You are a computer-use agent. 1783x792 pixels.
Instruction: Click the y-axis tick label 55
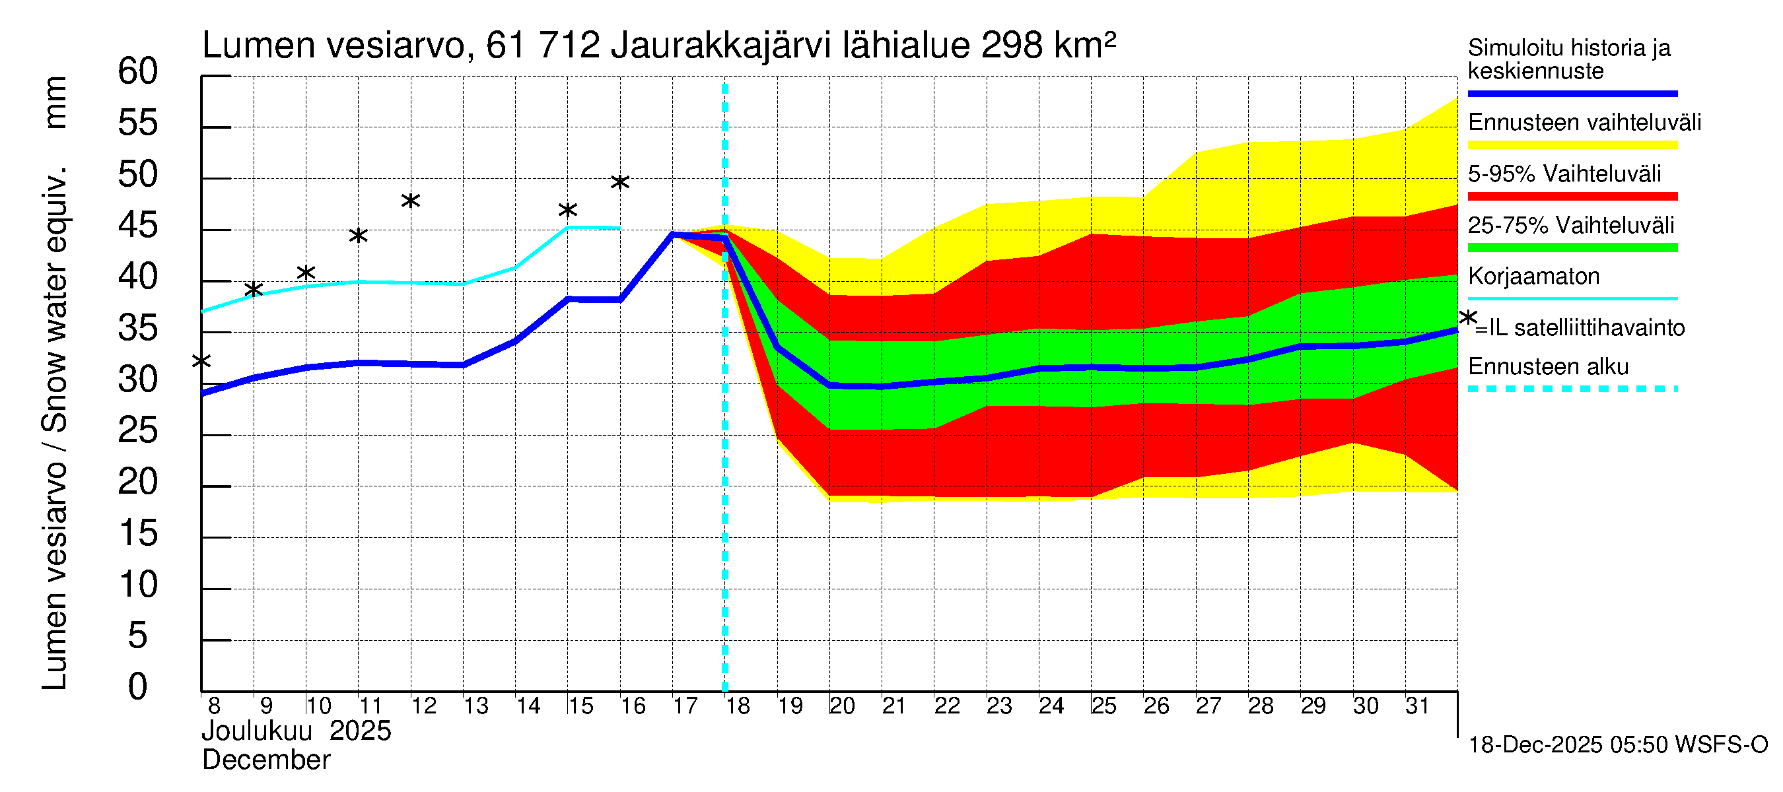click(x=138, y=123)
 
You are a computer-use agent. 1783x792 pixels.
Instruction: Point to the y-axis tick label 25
click(x=138, y=431)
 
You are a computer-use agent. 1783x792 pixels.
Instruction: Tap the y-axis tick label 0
click(x=138, y=687)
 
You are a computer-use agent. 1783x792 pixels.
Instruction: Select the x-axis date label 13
click(x=475, y=706)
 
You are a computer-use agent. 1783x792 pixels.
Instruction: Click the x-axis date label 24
click(x=1051, y=706)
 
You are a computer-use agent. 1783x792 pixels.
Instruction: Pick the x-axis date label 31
click(x=1417, y=706)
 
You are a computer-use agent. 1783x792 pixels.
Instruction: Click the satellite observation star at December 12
click(x=411, y=201)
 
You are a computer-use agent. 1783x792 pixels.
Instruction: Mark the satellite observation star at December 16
click(x=619, y=183)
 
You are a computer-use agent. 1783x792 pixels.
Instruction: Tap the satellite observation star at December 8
click(x=201, y=361)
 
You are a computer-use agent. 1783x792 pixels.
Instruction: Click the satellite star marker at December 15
click(x=567, y=211)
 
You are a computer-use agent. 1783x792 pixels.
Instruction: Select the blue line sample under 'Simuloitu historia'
click(x=1572, y=93)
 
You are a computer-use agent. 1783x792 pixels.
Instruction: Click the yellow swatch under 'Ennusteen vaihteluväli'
click(x=1572, y=145)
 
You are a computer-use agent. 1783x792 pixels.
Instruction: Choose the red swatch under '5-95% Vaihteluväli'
click(x=1572, y=197)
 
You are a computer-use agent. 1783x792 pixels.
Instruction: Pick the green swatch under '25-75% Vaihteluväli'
click(x=1572, y=247)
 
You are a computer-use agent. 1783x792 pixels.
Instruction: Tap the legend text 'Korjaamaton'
click(x=1533, y=277)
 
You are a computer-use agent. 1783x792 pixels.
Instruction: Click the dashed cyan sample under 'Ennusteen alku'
click(x=1572, y=389)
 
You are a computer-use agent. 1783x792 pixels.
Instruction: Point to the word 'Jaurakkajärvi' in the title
click(x=720, y=46)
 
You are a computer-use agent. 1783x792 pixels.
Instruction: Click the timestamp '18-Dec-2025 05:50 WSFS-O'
click(x=1617, y=745)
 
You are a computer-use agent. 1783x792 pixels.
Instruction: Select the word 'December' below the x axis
click(x=265, y=760)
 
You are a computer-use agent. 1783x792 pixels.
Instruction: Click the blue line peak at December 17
click(x=673, y=234)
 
